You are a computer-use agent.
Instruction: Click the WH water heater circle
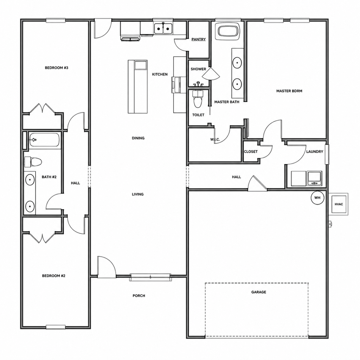(x=317, y=198)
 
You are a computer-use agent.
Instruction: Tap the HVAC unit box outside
(x=339, y=204)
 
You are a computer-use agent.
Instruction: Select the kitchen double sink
(x=163, y=28)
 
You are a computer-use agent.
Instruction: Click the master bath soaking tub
(x=228, y=31)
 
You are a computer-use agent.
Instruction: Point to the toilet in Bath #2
(x=33, y=162)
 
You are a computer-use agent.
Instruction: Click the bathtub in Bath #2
(x=44, y=140)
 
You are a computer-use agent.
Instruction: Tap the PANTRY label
(x=199, y=39)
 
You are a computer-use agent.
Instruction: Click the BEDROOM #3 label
(x=57, y=68)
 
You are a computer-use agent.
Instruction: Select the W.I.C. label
(x=215, y=139)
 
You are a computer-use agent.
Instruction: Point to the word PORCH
(x=139, y=296)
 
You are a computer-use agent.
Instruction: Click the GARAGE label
(x=259, y=292)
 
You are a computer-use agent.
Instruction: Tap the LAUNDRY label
(x=315, y=152)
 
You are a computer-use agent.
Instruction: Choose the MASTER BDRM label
(x=289, y=91)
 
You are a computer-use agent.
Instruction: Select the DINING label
(x=138, y=138)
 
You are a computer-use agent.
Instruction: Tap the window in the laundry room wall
(x=327, y=154)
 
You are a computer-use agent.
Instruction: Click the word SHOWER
(x=198, y=69)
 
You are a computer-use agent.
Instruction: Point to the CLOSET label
(x=251, y=152)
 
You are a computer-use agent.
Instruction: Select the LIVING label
(x=138, y=194)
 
